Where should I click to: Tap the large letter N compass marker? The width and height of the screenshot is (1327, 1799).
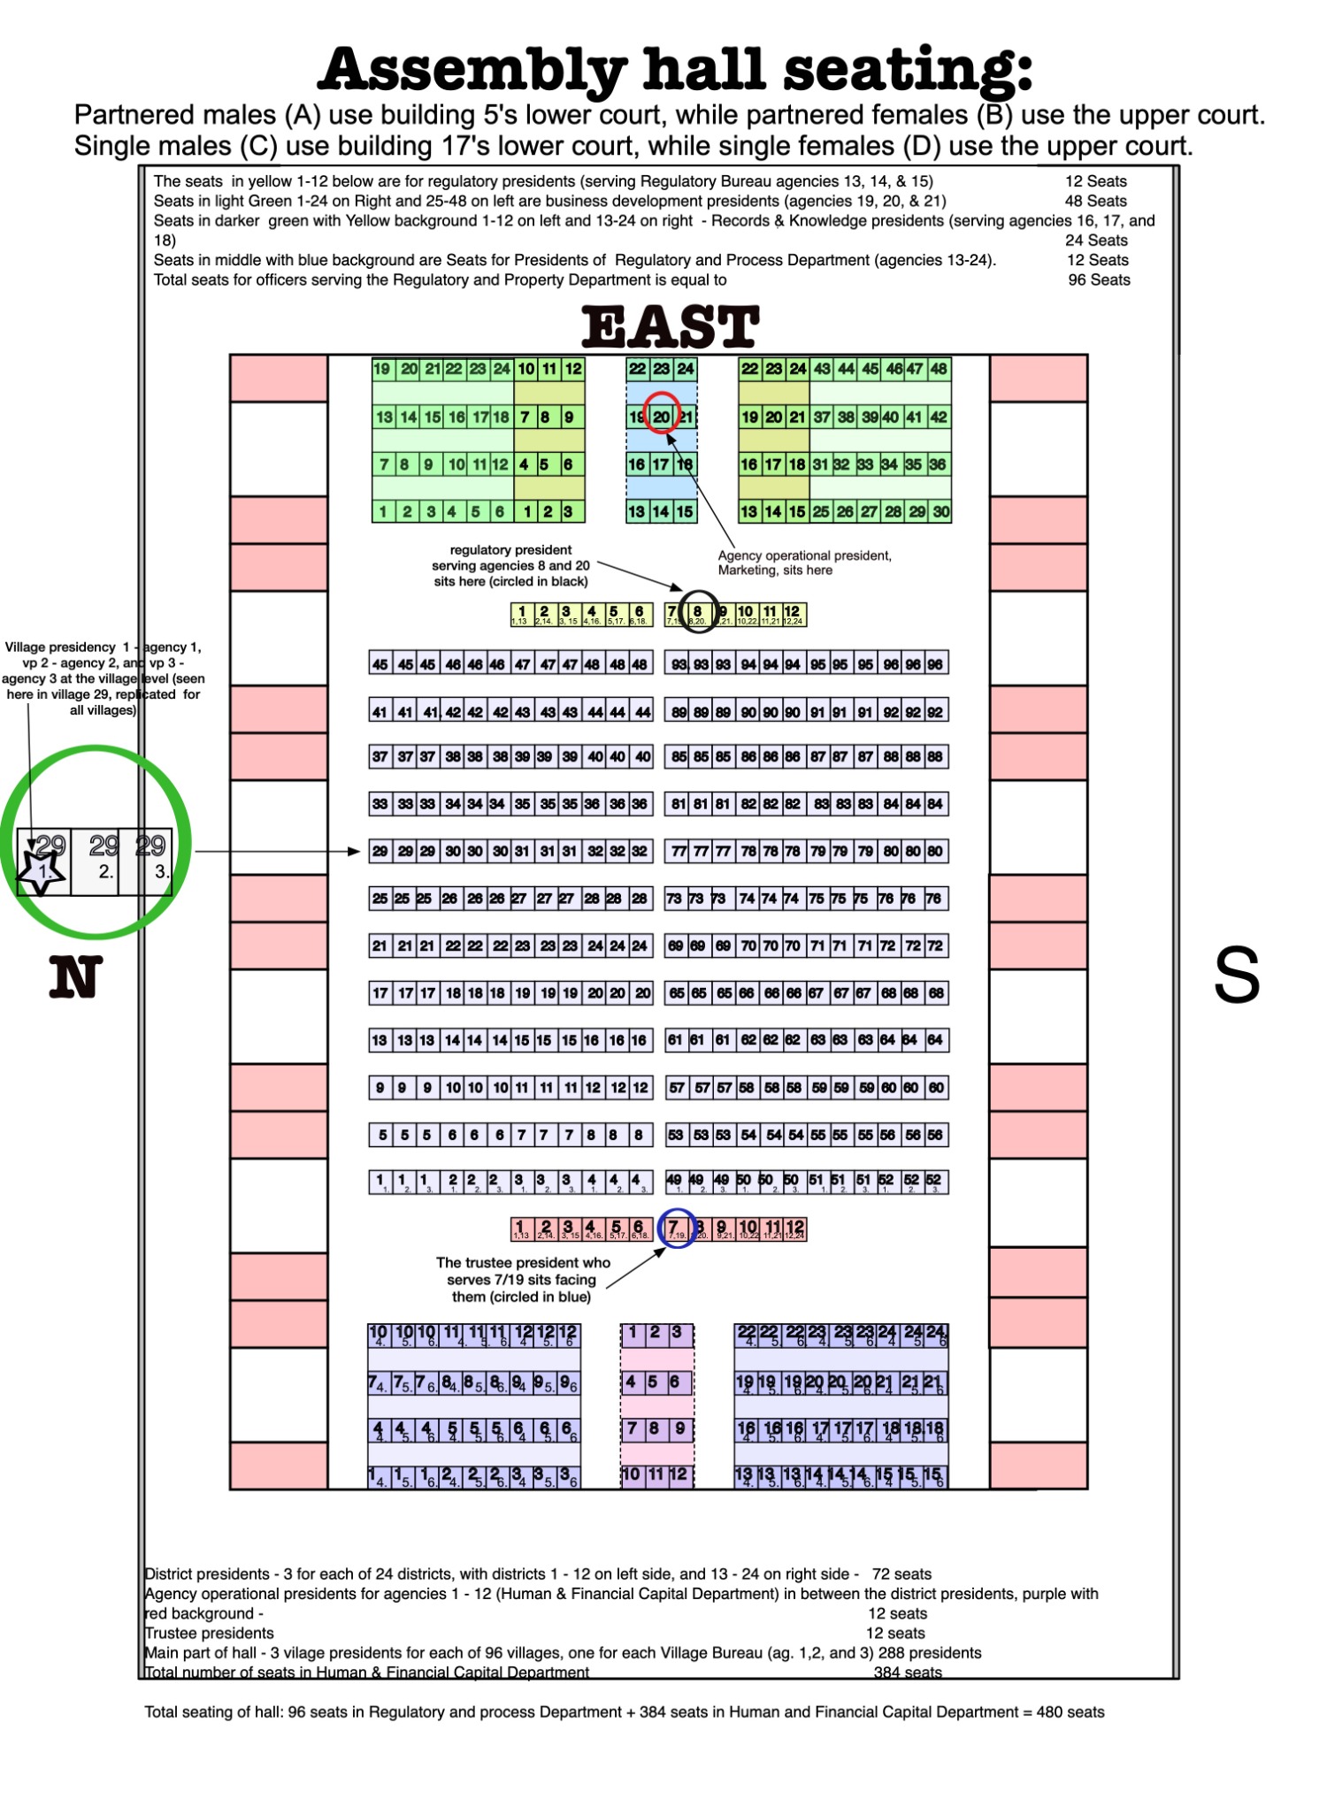(x=75, y=977)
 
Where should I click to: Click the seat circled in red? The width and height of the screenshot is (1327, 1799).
(x=661, y=416)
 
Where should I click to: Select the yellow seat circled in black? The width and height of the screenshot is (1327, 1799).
(x=697, y=612)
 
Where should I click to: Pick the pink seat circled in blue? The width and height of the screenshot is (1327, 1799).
(x=675, y=1229)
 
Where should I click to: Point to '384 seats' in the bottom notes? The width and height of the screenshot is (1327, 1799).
(x=907, y=1673)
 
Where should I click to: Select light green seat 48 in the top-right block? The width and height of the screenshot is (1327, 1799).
(x=938, y=369)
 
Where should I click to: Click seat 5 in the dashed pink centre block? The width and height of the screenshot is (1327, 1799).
(x=656, y=1382)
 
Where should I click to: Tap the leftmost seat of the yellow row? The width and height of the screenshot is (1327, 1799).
(x=521, y=614)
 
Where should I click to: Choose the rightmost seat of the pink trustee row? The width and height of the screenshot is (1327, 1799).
(x=794, y=1229)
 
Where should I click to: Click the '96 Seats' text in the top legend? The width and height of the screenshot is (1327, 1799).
(x=1099, y=279)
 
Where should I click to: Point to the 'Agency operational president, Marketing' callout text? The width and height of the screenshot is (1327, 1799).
(x=804, y=563)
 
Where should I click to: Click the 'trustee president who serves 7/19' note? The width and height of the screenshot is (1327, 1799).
(x=522, y=1279)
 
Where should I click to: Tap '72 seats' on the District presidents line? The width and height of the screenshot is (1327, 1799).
(x=901, y=1573)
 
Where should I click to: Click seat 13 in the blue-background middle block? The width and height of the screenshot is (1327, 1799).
(x=637, y=511)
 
